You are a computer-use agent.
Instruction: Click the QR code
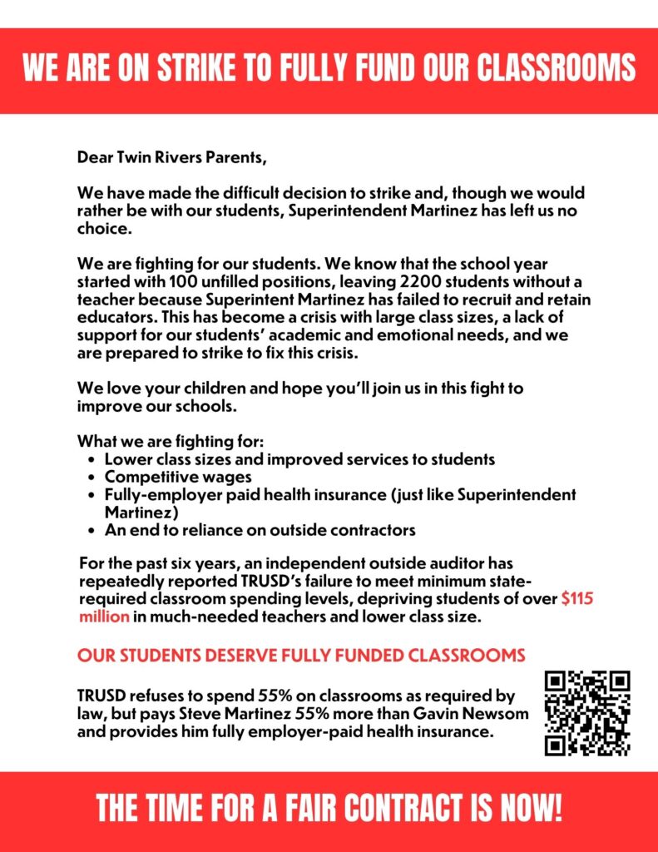587,714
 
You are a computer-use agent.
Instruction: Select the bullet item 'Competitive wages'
177,477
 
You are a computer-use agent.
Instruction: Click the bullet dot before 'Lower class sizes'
92,459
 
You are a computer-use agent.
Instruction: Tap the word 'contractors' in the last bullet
374,529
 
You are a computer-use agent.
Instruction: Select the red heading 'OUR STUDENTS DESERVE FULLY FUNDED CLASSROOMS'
301,656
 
